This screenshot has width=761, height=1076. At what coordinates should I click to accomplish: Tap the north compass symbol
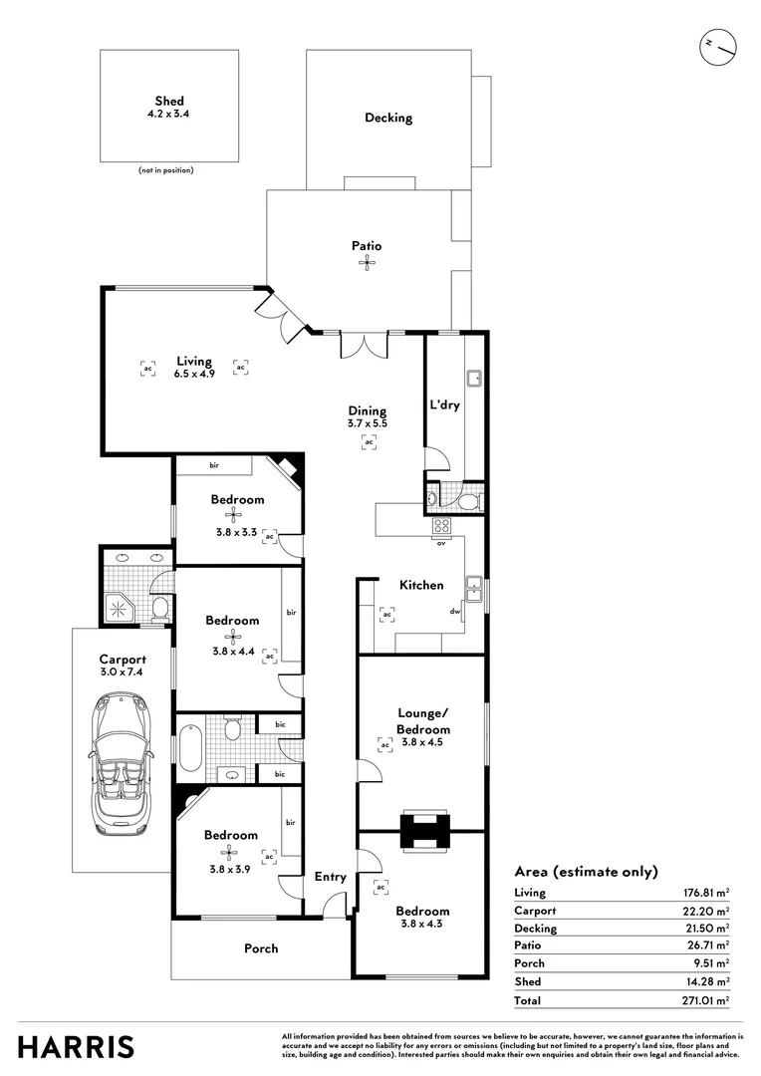[x=718, y=46]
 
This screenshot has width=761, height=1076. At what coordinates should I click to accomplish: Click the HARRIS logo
[x=76, y=1047]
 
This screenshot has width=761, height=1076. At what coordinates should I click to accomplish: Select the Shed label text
[x=169, y=101]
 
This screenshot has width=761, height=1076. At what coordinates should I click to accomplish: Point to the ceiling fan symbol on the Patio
[x=367, y=263]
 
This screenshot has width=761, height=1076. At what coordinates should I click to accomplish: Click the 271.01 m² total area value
[x=704, y=999]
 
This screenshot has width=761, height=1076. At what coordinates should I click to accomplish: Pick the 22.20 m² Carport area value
[x=704, y=911]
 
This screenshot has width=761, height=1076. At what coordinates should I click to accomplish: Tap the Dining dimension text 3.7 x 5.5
[x=367, y=424]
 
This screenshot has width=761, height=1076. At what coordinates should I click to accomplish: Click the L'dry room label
[x=444, y=405]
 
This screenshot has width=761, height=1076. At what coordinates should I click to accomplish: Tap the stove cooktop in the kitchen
[x=442, y=527]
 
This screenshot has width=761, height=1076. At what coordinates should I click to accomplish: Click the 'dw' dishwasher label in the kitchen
[x=454, y=612]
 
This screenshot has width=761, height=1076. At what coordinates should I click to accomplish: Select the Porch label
[x=261, y=948]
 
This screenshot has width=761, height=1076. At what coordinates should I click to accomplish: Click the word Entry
[x=330, y=877]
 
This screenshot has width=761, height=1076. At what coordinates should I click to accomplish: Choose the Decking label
[x=387, y=118]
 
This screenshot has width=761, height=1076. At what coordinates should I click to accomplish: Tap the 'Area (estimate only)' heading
[x=586, y=872]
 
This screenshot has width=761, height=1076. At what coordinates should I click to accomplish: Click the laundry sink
[x=475, y=379]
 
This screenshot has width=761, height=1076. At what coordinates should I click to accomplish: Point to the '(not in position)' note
[x=165, y=170]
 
